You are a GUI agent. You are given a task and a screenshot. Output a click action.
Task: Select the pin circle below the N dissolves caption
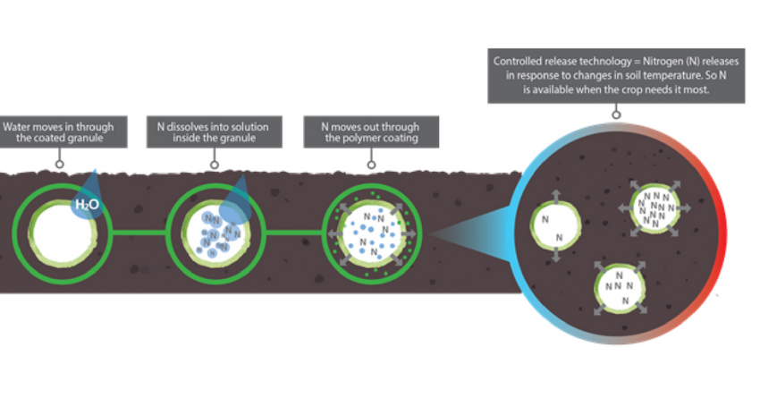coord(215,164)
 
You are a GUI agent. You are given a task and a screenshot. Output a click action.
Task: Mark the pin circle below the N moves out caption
coord(370,164)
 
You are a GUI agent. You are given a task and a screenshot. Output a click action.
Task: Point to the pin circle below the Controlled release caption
coord(616,114)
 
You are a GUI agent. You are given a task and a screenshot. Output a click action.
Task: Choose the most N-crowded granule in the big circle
coord(658,207)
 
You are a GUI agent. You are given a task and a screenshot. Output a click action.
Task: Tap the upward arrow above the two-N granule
coord(554,194)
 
